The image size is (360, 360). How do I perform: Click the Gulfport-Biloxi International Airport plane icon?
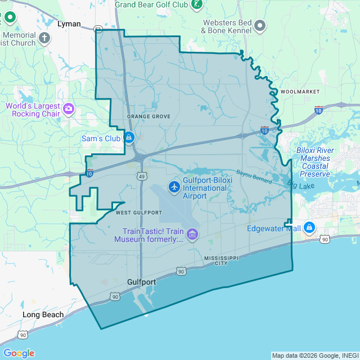click(x=174, y=186)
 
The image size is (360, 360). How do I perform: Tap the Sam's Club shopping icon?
click(x=129, y=137)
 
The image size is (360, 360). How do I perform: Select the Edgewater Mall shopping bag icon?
click(x=309, y=228)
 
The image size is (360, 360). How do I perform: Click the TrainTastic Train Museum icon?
click(x=192, y=233)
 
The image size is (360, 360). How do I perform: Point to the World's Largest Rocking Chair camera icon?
click(x=69, y=108)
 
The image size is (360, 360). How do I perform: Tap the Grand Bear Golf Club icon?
click(x=196, y=4)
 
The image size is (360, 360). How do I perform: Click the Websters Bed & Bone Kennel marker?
click(x=260, y=25)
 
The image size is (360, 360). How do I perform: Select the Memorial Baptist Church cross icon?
click(x=44, y=38)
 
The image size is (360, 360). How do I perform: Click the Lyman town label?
click(x=69, y=24)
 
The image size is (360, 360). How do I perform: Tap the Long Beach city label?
click(x=43, y=314)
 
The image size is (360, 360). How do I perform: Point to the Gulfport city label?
click(x=141, y=282)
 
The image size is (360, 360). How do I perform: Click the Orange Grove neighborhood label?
click(x=148, y=116)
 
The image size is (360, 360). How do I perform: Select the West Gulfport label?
click(x=138, y=213)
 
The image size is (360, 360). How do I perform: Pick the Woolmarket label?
click(x=300, y=91)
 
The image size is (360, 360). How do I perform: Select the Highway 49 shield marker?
click(x=141, y=177)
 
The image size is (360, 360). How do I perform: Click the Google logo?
click(x=19, y=353)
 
